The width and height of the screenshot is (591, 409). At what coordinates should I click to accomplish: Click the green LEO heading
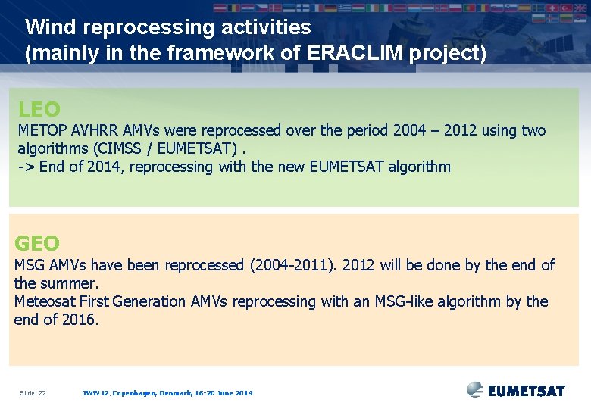[x=39, y=110]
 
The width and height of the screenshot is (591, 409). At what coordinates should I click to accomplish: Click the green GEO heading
[x=37, y=244]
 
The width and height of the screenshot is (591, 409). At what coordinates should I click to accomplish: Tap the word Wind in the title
[x=51, y=27]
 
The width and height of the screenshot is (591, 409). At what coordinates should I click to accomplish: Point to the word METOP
[x=42, y=130]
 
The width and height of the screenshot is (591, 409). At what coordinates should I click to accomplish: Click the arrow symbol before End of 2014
[x=27, y=167]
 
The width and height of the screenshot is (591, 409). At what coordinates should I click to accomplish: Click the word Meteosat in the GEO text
[x=45, y=301]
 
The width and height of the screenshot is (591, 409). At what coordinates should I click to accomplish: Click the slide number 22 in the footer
[x=41, y=393]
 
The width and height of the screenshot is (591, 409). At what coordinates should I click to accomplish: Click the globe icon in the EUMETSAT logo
[x=475, y=389]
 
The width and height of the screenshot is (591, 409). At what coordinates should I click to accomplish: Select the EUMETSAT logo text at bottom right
[x=526, y=391]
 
